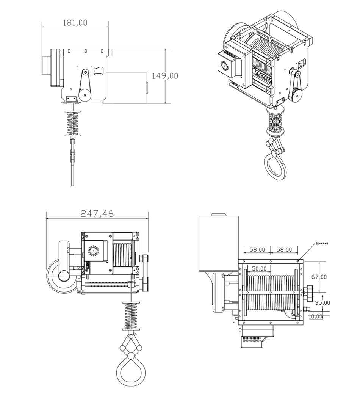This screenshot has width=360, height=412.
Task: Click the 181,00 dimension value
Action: (x=74, y=23)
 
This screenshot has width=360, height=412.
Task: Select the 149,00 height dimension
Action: (x=165, y=75)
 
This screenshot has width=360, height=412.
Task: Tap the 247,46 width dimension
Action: (x=97, y=214)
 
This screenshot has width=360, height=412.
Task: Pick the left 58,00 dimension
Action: (x=257, y=249)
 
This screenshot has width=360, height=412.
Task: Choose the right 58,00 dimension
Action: (x=284, y=249)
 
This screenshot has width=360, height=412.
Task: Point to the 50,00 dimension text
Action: (x=259, y=268)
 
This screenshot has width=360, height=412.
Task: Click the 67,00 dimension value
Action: (x=319, y=276)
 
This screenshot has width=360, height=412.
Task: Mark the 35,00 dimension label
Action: (x=322, y=302)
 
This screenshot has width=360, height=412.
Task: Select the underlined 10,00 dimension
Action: (x=316, y=316)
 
